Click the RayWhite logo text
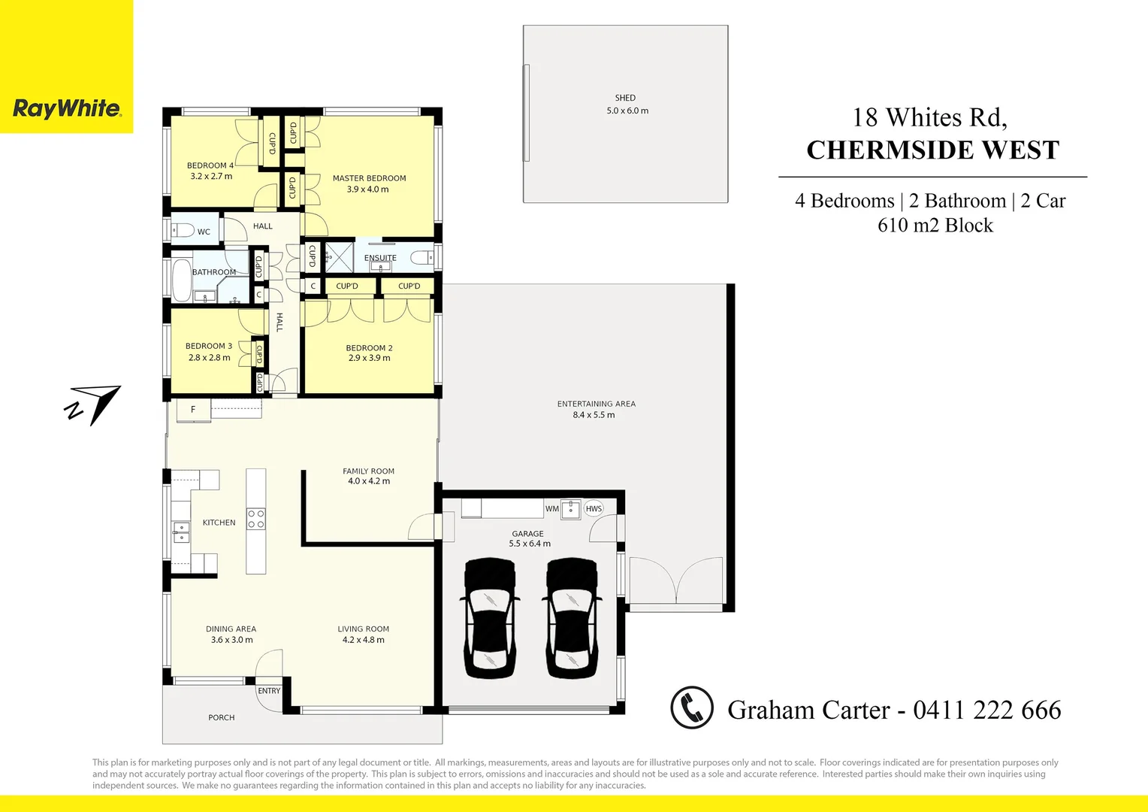pyautogui.click(x=67, y=109)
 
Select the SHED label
pyautogui.click(x=625, y=98)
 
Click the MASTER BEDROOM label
pyautogui.click(x=369, y=178)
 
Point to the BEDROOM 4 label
pyautogui.click(x=210, y=165)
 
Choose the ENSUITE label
pyautogui.click(x=380, y=258)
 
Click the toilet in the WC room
pyautogui.click(x=183, y=229)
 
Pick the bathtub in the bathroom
pyautogui.click(x=182, y=280)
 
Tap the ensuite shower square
pyautogui.click(x=339, y=257)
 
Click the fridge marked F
pyautogui.click(x=193, y=410)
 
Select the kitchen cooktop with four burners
pyautogui.click(x=256, y=519)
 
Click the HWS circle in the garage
pyautogui.click(x=594, y=509)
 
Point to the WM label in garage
pyautogui.click(x=552, y=509)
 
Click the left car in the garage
pyautogui.click(x=490, y=618)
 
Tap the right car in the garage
pyautogui.click(x=572, y=618)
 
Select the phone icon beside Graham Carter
pyautogui.click(x=691, y=707)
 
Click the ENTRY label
pyautogui.click(x=269, y=691)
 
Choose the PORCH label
pyautogui.click(x=222, y=718)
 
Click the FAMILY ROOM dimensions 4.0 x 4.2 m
pyautogui.click(x=369, y=481)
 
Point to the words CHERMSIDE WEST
pyautogui.click(x=933, y=150)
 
